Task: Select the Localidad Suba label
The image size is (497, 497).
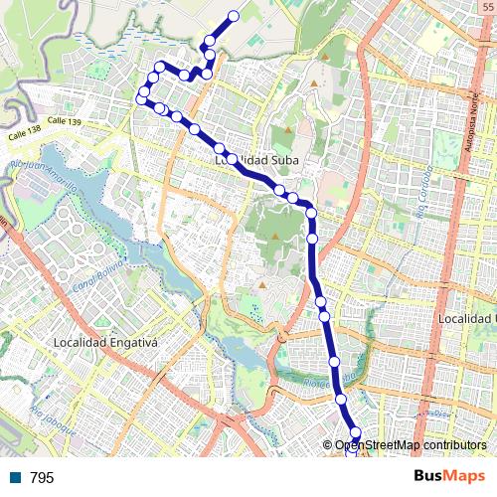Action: pos(256,159)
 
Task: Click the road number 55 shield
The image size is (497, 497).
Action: pos(485,6)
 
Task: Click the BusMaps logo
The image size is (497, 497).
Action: pos(447,477)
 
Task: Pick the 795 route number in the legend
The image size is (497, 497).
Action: pos(42,478)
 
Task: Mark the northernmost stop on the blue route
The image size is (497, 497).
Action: pos(235,15)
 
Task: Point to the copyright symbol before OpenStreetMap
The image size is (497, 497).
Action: pos(328,445)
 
